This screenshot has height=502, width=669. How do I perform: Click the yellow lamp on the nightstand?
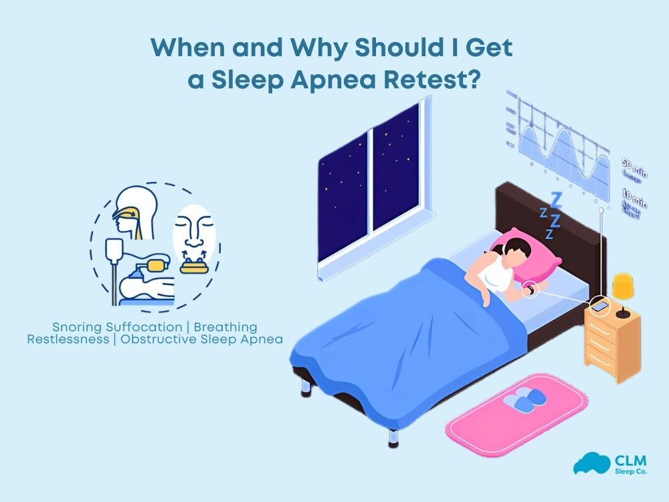point(624,287)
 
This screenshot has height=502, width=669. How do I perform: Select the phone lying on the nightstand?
point(600,307)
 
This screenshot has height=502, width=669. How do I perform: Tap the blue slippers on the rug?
point(524,401)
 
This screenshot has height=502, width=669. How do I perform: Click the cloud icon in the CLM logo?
point(587,463)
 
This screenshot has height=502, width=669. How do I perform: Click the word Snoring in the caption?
point(76,327)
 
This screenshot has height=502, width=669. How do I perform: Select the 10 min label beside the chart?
point(634,203)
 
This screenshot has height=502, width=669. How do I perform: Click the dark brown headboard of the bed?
point(529,207)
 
